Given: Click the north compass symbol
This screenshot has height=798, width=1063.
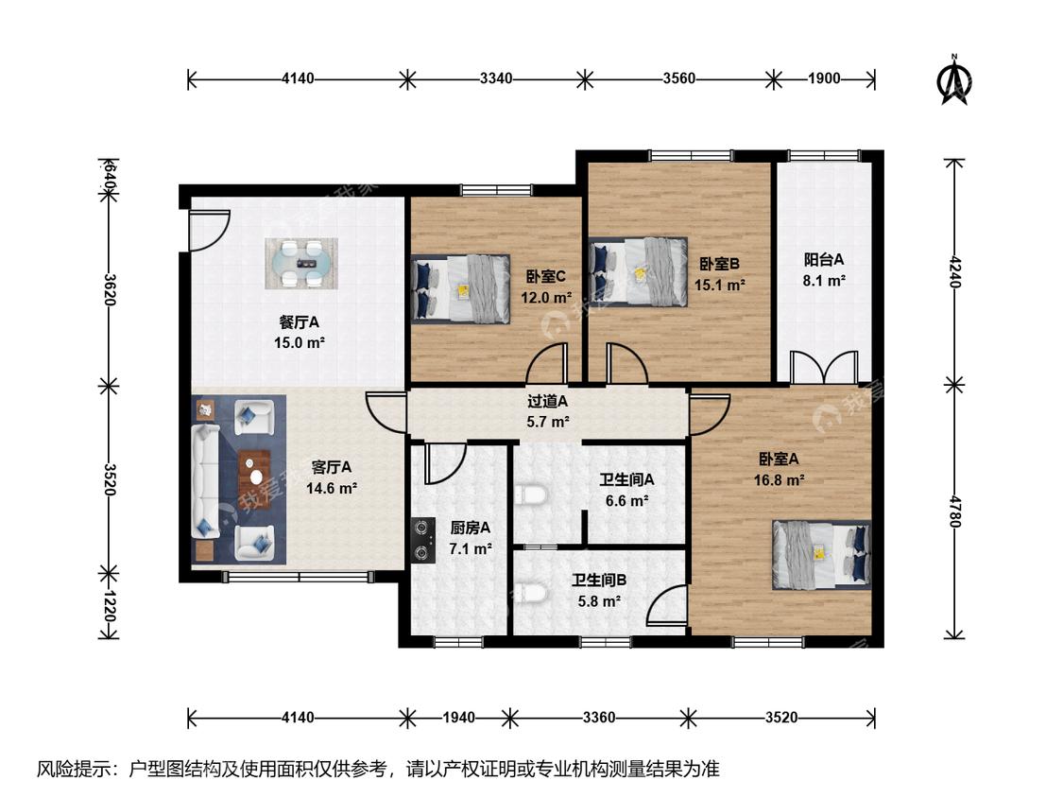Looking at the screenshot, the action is click(954, 80).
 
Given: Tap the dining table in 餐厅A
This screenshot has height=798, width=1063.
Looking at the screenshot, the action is click(301, 263).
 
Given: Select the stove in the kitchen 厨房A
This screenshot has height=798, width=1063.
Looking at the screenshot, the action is click(423, 540).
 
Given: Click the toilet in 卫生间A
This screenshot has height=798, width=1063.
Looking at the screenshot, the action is click(530, 494).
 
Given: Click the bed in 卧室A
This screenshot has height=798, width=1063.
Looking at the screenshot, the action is click(822, 554).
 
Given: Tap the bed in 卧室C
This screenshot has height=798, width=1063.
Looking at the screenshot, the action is click(460, 288).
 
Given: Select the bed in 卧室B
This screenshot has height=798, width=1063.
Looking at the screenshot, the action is click(639, 271).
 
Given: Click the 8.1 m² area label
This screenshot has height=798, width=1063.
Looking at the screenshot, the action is click(824, 280).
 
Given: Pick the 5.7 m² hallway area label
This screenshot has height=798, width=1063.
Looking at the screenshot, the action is click(548, 422).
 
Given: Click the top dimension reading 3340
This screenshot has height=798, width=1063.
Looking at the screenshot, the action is click(496, 78).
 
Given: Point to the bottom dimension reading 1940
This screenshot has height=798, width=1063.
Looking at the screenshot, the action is click(459, 718).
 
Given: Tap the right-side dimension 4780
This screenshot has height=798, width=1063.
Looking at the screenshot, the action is click(954, 512).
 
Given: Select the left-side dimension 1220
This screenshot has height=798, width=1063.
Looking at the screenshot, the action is click(110, 604).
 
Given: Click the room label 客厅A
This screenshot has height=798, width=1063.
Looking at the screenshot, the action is click(331, 467).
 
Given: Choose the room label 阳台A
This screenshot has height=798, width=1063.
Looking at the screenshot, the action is click(824, 259).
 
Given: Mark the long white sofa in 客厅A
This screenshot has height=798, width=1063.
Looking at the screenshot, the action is click(205, 480).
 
